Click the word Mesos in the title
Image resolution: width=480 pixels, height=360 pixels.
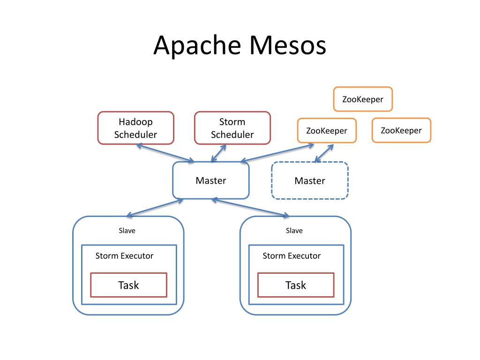[287, 46]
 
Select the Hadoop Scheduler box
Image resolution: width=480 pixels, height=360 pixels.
[135, 128]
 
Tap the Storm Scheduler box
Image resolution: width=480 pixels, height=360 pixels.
[232, 128]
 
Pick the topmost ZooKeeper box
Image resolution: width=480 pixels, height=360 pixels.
[362, 99]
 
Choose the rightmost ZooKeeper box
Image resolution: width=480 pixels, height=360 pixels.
[401, 130]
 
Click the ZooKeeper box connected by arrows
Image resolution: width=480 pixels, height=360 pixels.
[327, 130]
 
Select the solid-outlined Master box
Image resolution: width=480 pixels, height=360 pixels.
[210, 180]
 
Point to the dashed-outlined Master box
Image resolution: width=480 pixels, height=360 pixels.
[309, 181]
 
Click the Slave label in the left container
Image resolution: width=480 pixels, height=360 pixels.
[127, 231]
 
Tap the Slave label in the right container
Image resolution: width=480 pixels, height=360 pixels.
[294, 231]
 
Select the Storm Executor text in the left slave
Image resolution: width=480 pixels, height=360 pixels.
[124, 256]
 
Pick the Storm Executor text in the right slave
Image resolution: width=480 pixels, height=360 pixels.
[292, 256]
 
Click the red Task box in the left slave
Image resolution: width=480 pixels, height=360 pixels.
[128, 285]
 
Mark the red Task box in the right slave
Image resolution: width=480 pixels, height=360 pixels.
[296, 285]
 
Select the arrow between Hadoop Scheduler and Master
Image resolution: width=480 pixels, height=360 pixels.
[165, 153]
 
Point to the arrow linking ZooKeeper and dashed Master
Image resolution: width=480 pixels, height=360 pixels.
[324, 153]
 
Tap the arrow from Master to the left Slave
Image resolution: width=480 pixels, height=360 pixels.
[155, 208]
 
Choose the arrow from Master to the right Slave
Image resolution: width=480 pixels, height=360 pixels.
[250, 208]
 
